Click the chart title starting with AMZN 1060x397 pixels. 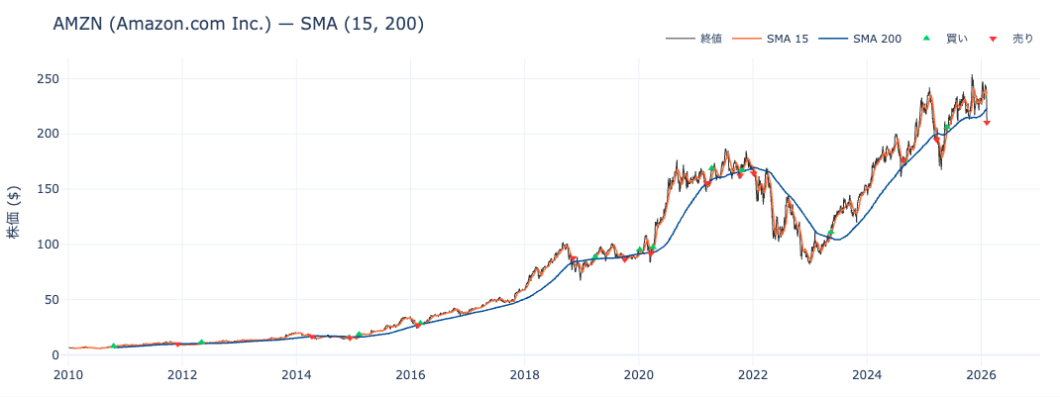[x=239, y=24]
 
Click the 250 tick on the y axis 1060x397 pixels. [x=48, y=78]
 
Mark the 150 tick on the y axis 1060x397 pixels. [x=48, y=189]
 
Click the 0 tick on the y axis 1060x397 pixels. [x=55, y=354]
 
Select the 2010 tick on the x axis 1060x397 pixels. [x=68, y=374]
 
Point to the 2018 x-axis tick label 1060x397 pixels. [x=525, y=374]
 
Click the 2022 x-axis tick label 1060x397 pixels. [x=753, y=374]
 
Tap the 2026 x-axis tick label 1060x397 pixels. [x=981, y=374]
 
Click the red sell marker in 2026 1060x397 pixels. [x=987, y=122]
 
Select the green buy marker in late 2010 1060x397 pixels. [x=114, y=346]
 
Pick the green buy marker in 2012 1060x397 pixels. [x=201, y=343]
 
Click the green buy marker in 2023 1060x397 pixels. [x=830, y=233]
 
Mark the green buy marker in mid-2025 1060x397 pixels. [x=947, y=126]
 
